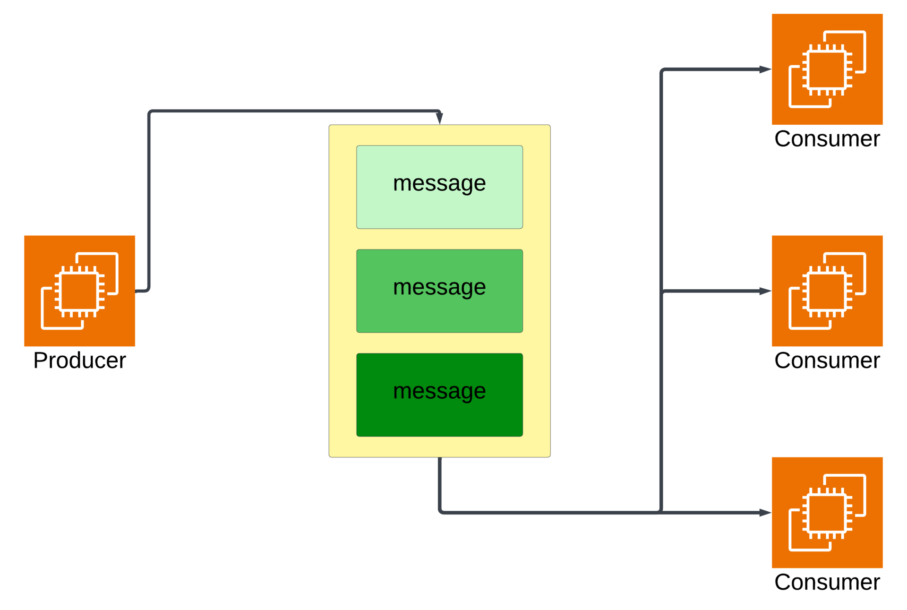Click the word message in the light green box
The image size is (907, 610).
439,183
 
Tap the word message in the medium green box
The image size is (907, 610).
439,287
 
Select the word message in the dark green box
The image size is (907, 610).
439,391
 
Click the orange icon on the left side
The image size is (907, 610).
80,291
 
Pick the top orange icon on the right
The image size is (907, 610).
827,69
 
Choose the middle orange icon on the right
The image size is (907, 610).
827,291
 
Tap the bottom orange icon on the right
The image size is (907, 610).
827,513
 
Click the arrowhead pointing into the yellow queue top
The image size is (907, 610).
439,119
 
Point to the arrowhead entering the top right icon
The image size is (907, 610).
765,69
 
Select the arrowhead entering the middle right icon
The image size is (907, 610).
765,291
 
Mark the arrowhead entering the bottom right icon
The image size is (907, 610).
765,513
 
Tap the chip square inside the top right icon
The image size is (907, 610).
827,70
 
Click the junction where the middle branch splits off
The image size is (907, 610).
662,291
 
